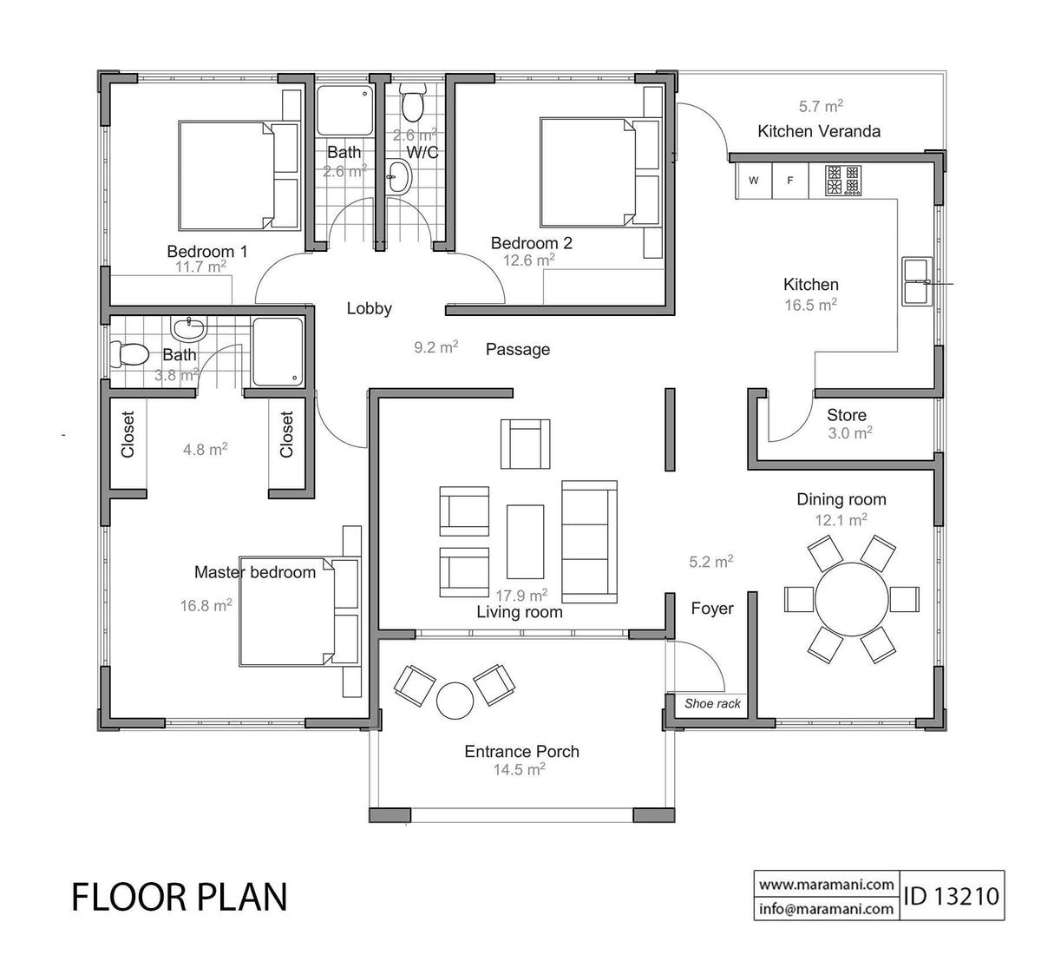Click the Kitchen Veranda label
pyautogui.click(x=818, y=131)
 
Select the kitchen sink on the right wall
pyautogui.click(x=915, y=281)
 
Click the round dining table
pyautogui.click(x=851, y=600)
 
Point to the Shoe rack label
pyautogui.click(x=712, y=703)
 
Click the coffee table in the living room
pyautogui.click(x=526, y=542)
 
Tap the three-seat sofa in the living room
pyautogui.click(x=590, y=542)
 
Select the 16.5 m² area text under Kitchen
pyautogui.click(x=810, y=305)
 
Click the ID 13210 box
pyautogui.click(x=952, y=895)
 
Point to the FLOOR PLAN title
pyautogui.click(x=179, y=897)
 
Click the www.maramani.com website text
pyautogui.click(x=827, y=885)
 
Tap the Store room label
pyautogui.click(x=846, y=415)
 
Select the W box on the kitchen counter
pyautogui.click(x=754, y=181)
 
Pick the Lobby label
pyautogui.click(x=370, y=308)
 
